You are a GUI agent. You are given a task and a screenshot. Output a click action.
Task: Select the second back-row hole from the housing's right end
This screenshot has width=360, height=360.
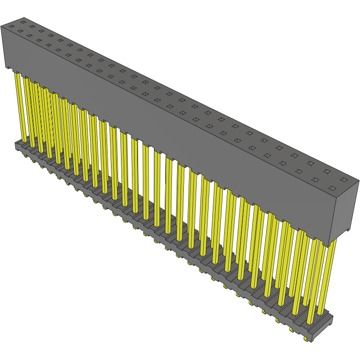pyautogui.click(x=327, y=171)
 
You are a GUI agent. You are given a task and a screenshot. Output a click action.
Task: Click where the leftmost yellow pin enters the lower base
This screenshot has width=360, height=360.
pyautogui.click(x=24, y=141)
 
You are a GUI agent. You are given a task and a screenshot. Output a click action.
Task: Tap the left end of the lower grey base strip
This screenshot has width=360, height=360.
pyautogui.click(x=17, y=144)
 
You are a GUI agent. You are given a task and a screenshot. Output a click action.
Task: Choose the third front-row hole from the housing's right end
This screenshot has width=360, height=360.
pyautogui.click(x=282, y=163)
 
